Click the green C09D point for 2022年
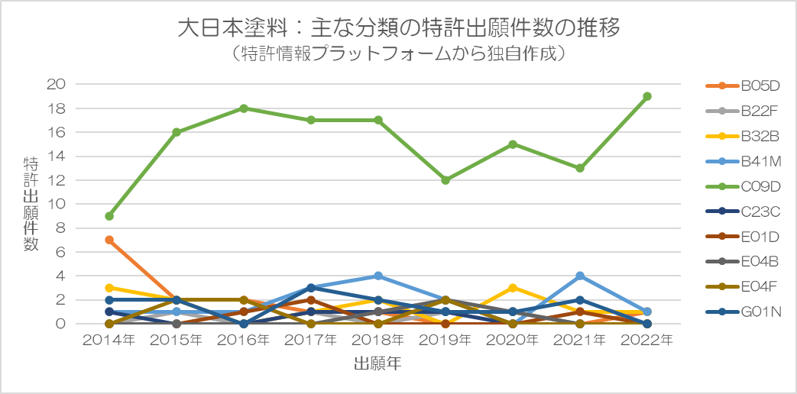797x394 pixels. coord(647,96)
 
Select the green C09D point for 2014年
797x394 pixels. coord(109,216)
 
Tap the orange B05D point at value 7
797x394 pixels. coord(109,240)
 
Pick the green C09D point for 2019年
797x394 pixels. coord(445,180)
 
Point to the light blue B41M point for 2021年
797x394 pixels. coord(580,276)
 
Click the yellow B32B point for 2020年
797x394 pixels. coord(513,288)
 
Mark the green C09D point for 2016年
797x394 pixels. coord(244,108)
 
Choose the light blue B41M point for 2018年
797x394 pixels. coord(378,276)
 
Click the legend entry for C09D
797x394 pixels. coord(744,186)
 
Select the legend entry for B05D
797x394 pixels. coord(744,85)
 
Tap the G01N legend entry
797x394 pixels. coord(744,312)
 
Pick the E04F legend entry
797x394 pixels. coord(744,286)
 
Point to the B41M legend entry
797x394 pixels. coord(744,160)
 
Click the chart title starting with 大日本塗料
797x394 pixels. coord(398,28)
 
